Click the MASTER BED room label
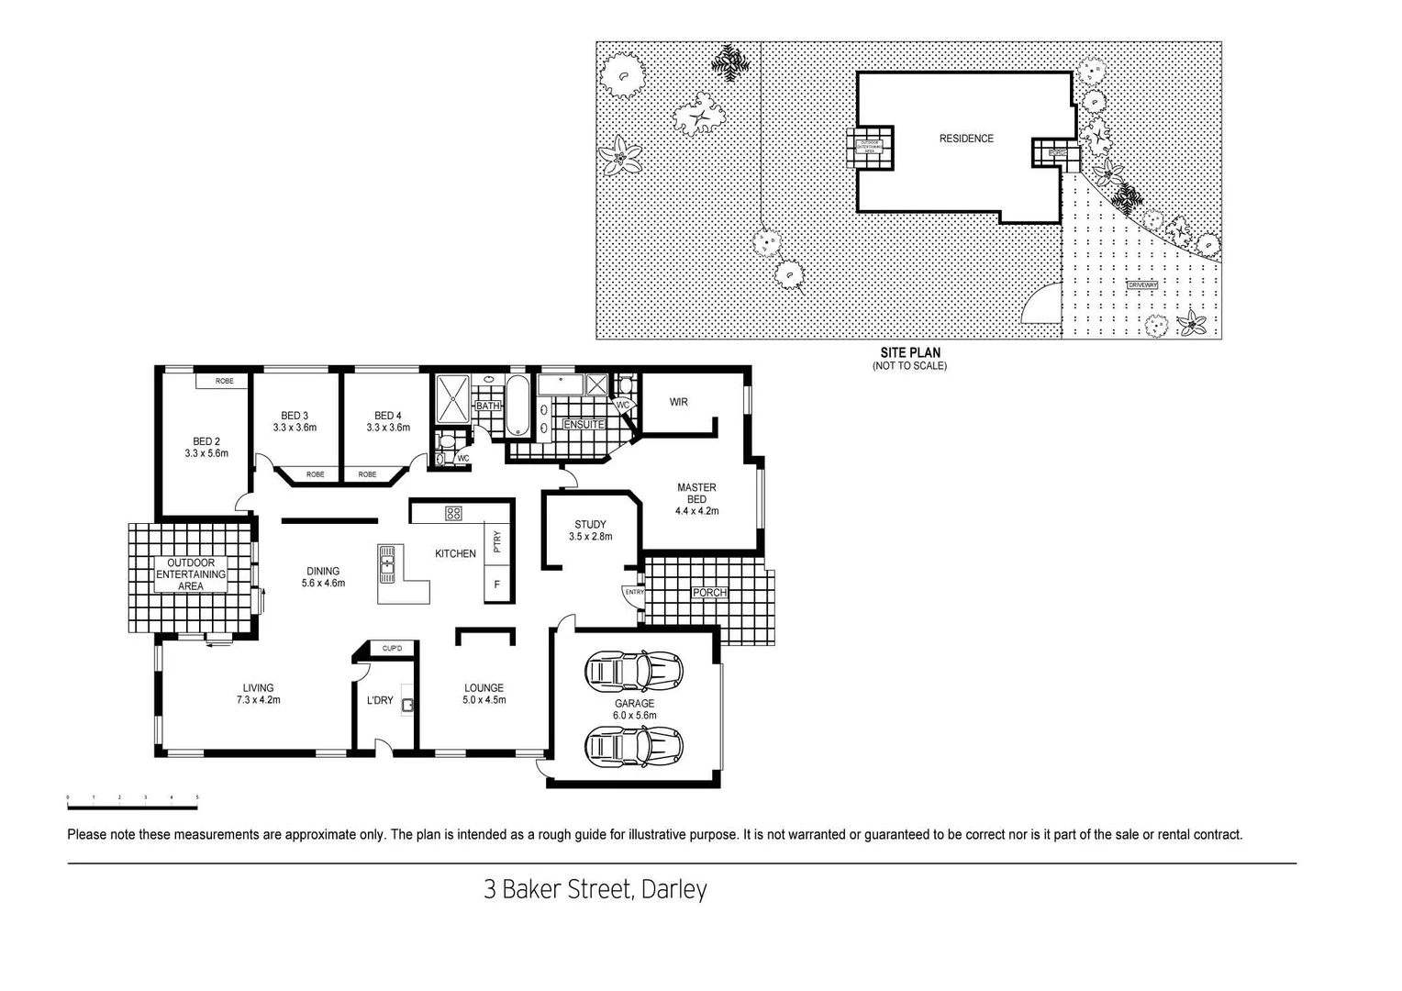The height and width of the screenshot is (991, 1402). (x=696, y=493)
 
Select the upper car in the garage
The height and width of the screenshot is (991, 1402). (x=633, y=672)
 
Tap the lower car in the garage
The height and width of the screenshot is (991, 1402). (x=633, y=745)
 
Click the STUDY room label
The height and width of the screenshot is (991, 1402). (x=590, y=525)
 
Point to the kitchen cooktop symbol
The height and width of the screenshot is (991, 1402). (x=453, y=514)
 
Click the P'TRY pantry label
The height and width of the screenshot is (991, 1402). (x=497, y=542)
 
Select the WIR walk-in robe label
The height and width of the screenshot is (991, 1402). (x=678, y=402)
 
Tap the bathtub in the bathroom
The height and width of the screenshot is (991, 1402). (x=517, y=405)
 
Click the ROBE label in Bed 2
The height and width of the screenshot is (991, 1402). (x=224, y=381)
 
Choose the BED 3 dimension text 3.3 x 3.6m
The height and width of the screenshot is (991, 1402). (x=295, y=428)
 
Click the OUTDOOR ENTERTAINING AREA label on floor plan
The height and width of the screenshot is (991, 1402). (x=191, y=574)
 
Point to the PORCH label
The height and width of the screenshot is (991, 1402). (x=709, y=593)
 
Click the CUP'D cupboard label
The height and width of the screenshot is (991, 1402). (x=392, y=649)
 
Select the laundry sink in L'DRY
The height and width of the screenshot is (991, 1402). (x=407, y=705)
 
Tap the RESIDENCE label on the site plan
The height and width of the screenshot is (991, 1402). (x=966, y=139)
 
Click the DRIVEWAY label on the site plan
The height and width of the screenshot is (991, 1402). (x=1142, y=285)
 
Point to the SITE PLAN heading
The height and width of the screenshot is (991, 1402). (x=909, y=352)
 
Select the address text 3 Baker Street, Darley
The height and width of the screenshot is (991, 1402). (x=595, y=889)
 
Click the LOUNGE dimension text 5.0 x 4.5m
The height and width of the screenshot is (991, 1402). (x=484, y=700)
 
